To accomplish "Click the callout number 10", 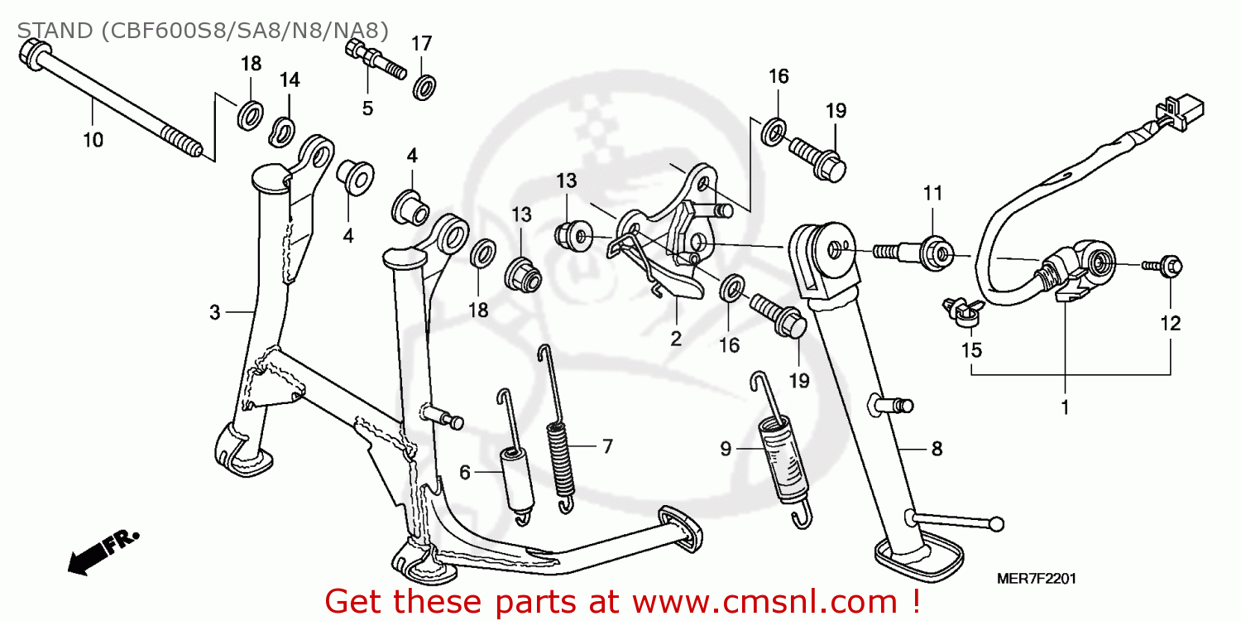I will [x=93, y=140].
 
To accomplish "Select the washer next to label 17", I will [x=425, y=86].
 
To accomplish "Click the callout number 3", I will [x=214, y=312].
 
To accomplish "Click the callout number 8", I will [x=937, y=449].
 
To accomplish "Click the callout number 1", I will [x=1065, y=407].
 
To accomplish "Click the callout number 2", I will [x=675, y=338].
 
